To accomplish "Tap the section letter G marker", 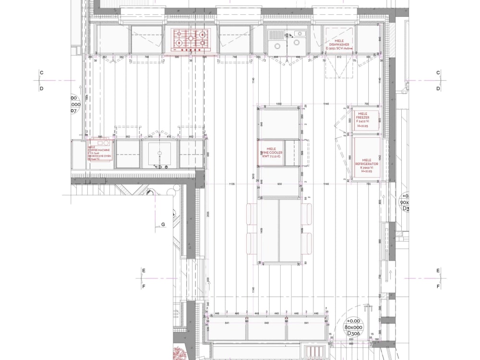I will (x=163, y=224).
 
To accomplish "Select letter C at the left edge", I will (x=41, y=73).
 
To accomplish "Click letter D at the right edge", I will (x=438, y=89).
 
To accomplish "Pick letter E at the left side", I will (x=143, y=271).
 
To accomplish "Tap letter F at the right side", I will (x=438, y=287).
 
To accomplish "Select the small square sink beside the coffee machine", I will (x=159, y=154).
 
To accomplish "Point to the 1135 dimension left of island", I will (x=232, y=184).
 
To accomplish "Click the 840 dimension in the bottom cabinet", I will (x=267, y=323).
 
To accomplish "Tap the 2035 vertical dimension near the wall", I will (x=208, y=216).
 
